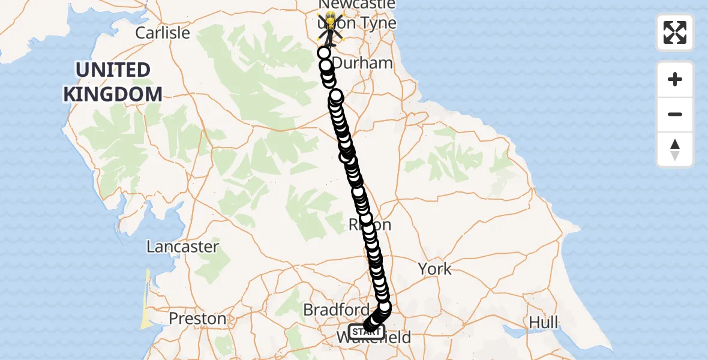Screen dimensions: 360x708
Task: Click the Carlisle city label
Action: point(162,32)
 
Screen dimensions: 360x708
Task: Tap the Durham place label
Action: point(363,63)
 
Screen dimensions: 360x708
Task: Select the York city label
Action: point(435,269)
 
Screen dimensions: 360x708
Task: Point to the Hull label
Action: point(543,322)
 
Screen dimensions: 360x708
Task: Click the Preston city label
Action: point(197,318)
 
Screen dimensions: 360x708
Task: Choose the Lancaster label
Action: point(184,247)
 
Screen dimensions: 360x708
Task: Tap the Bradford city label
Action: point(336,310)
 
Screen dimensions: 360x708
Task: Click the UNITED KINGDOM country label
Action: point(113,82)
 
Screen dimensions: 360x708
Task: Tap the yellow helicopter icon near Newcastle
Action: point(329,27)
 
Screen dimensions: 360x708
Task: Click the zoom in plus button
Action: point(675,79)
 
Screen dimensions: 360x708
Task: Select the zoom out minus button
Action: point(675,114)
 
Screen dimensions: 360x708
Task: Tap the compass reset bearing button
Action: point(675,149)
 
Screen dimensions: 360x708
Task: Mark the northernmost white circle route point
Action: point(325,53)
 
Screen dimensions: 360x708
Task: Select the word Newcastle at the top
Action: point(357,5)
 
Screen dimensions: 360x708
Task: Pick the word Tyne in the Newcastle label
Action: point(378,23)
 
